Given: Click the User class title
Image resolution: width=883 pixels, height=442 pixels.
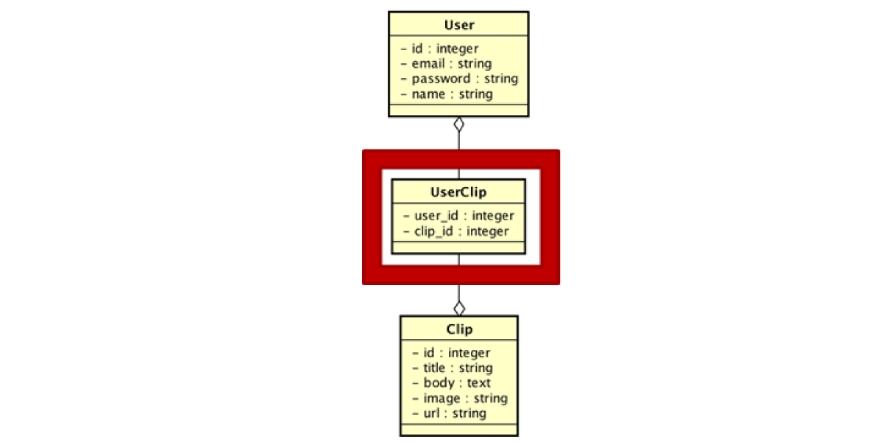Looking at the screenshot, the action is (x=459, y=25).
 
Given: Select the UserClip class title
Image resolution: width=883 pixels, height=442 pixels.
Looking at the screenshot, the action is (x=458, y=192).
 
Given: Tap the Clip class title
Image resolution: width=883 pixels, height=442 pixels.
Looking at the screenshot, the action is (x=459, y=329).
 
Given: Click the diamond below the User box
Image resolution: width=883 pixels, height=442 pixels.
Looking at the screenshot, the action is (x=459, y=124).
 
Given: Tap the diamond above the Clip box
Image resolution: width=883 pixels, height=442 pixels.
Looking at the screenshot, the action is (x=459, y=309).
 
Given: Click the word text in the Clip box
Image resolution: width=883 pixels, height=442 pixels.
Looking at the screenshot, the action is (x=479, y=383).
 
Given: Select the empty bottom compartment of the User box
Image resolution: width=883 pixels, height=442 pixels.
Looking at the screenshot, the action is (x=458, y=110).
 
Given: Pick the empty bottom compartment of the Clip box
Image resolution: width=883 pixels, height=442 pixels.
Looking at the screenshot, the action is (x=459, y=429).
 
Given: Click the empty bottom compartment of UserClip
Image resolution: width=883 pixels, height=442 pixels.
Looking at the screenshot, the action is (x=458, y=248).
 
